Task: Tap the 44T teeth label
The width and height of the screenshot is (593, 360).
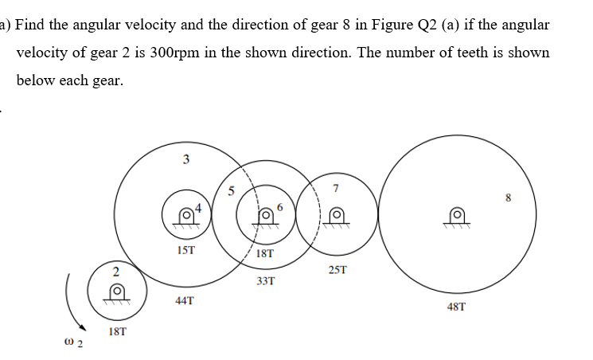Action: pos(184,300)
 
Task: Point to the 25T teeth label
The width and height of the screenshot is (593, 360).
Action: pos(337,271)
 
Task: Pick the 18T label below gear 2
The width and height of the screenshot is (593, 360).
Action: pos(117,329)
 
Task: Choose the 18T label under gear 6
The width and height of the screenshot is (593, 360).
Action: pos(266,254)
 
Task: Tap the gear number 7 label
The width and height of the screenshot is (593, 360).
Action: pos(337,189)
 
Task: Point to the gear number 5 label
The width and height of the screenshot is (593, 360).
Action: pos(231,190)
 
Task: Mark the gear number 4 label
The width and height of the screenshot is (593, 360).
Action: pos(200,209)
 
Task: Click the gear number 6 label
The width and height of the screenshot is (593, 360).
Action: pos(279,208)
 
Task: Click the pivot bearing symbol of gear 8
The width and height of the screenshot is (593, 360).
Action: pos(457,215)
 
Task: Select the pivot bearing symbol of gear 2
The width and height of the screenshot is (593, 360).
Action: pos(116,293)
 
